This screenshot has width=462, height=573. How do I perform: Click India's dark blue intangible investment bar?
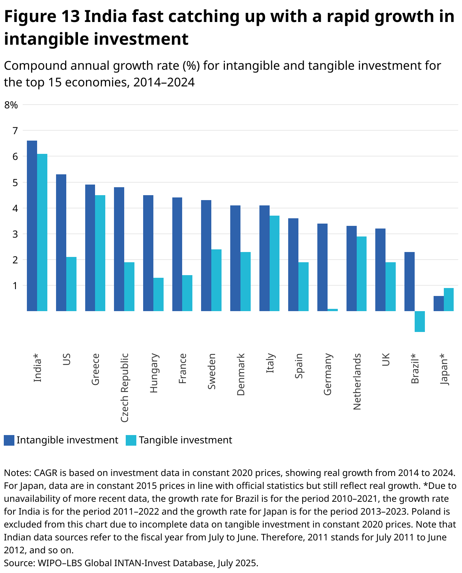point(32,226)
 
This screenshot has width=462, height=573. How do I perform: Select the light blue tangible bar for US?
point(71,284)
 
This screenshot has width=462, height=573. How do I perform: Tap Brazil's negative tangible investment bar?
point(420,321)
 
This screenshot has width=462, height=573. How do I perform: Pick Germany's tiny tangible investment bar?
point(332,310)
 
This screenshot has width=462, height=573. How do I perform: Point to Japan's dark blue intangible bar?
point(439,304)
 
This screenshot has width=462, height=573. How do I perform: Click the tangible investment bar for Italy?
point(275,263)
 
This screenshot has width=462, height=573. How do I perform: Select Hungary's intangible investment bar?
point(148,253)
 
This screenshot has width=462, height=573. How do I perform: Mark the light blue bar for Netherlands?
point(362,274)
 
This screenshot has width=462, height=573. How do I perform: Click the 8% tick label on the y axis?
point(11,105)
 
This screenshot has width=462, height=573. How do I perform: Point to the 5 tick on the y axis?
point(15,183)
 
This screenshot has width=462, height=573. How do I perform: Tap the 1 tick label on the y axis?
point(15,286)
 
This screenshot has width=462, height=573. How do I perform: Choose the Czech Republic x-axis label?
point(125,388)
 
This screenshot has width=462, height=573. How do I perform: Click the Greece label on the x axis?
point(95,369)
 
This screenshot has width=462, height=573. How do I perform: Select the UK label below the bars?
point(386,360)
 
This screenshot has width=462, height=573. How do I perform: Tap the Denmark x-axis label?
point(241,374)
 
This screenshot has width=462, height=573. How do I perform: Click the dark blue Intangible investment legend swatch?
point(9,440)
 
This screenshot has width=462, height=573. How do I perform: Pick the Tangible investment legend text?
point(185,440)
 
